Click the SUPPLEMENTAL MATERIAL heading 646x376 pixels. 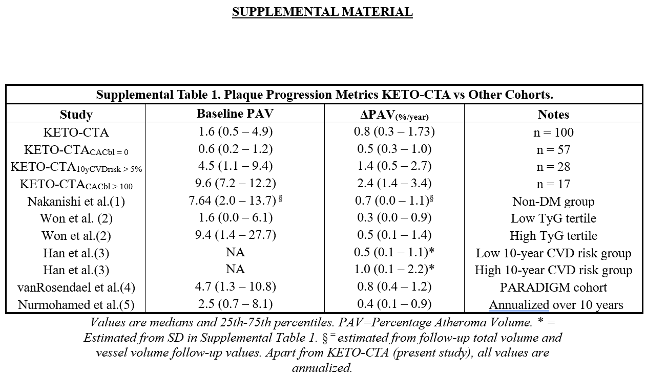coord(322,12)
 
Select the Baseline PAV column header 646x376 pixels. coord(235,114)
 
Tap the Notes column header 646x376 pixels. coord(553,115)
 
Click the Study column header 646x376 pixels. coord(76,115)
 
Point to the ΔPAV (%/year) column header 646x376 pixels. coord(394,115)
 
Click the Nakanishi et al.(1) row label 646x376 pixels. coord(76,202)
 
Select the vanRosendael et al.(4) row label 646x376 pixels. coord(76,287)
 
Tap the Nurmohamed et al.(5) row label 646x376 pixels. coord(76,305)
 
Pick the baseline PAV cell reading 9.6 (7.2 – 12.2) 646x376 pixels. coord(235,183)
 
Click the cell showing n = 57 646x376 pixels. coord(553,150)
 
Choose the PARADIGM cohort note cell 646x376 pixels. coord(553,287)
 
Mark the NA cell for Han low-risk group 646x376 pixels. coord(235,252)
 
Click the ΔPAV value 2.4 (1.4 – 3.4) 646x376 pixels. coord(394,183)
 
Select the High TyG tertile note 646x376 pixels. coord(553,236)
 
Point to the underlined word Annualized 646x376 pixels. coord(519,305)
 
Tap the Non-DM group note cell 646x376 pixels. coord(553,202)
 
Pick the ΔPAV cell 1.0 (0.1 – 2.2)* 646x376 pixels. coord(394,270)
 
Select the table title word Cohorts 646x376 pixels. coord(531,95)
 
